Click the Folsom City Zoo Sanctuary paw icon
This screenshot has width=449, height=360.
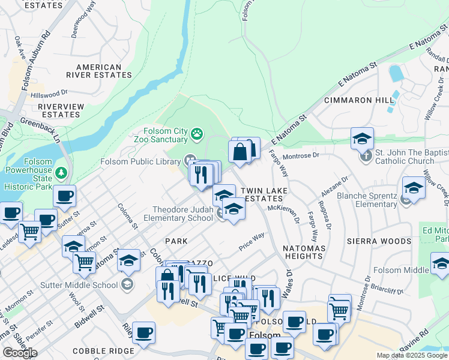click(x=197, y=133)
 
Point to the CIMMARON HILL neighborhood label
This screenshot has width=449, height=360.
click(x=355, y=100)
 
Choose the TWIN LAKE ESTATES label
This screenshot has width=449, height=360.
click(x=264, y=194)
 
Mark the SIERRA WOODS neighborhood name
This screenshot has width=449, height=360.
click(x=379, y=241)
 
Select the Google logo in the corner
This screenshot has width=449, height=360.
click(x=20, y=352)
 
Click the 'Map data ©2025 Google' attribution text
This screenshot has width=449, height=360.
click(x=412, y=355)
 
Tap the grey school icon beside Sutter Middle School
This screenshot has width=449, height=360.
click(x=127, y=283)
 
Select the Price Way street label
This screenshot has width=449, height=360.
click(x=252, y=241)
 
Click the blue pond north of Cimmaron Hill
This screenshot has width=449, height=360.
click(x=396, y=74)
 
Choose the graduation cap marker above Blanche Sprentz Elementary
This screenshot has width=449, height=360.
click(x=414, y=187)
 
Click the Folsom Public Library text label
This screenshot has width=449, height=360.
click(x=140, y=161)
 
